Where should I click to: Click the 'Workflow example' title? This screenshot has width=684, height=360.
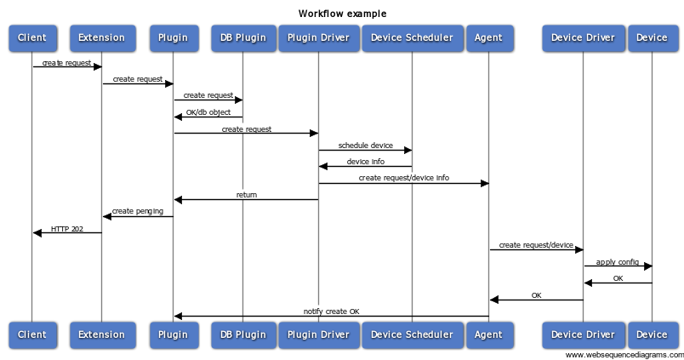point(342,14)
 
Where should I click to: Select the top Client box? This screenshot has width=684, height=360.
point(32,37)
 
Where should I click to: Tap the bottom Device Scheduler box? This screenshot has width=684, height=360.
point(413,334)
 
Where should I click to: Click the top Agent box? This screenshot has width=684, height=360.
point(488,37)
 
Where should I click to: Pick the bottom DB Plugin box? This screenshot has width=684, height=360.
point(242,334)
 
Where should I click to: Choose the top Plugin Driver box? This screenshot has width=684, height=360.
point(318,37)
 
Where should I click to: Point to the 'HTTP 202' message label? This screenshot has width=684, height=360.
point(67,228)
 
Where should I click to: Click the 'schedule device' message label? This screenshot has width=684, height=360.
point(365,146)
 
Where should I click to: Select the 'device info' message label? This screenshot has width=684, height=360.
point(365,162)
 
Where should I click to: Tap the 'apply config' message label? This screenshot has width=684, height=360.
point(618,261)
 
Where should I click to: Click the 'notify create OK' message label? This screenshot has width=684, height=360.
point(331,311)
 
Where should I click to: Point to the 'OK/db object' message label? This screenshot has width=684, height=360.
point(208,112)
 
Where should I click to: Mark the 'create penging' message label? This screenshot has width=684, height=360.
point(138,211)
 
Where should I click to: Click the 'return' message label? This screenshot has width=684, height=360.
point(246,195)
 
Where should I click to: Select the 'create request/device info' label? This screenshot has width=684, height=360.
point(403,178)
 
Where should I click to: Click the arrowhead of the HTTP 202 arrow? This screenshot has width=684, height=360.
point(37,232)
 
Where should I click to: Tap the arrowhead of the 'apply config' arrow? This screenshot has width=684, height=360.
point(647,266)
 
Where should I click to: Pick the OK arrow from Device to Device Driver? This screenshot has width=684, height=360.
point(618,283)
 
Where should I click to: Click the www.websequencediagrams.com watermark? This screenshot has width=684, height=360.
point(624,355)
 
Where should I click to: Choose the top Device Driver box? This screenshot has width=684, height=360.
point(583,37)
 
